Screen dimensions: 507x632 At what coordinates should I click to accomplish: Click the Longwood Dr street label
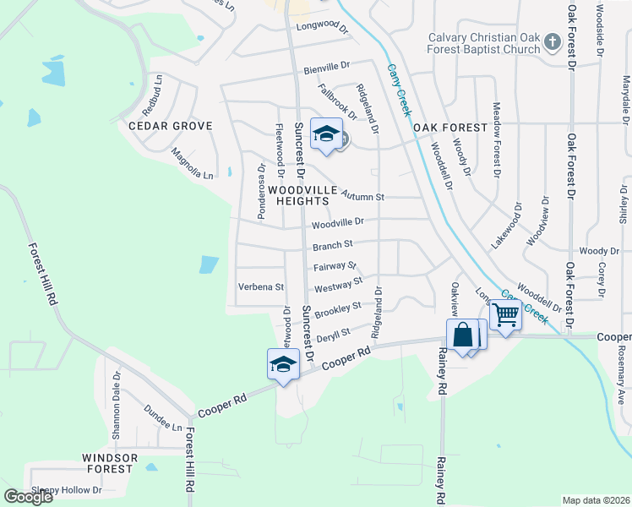click(x=322, y=28)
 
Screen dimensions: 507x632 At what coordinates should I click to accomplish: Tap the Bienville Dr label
click(x=325, y=64)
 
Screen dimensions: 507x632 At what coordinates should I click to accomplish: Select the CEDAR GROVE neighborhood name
click(x=170, y=126)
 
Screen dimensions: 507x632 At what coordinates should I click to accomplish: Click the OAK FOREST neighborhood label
click(x=450, y=128)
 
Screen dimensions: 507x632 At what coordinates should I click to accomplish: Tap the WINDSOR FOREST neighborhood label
click(x=109, y=463)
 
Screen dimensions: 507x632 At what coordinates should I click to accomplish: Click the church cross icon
click(x=552, y=41)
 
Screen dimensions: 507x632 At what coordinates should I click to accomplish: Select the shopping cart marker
click(x=505, y=316)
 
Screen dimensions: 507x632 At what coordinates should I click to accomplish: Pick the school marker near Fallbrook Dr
click(x=326, y=134)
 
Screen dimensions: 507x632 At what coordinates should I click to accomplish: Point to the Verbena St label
click(x=260, y=287)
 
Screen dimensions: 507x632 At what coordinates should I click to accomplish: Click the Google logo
click(x=28, y=497)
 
